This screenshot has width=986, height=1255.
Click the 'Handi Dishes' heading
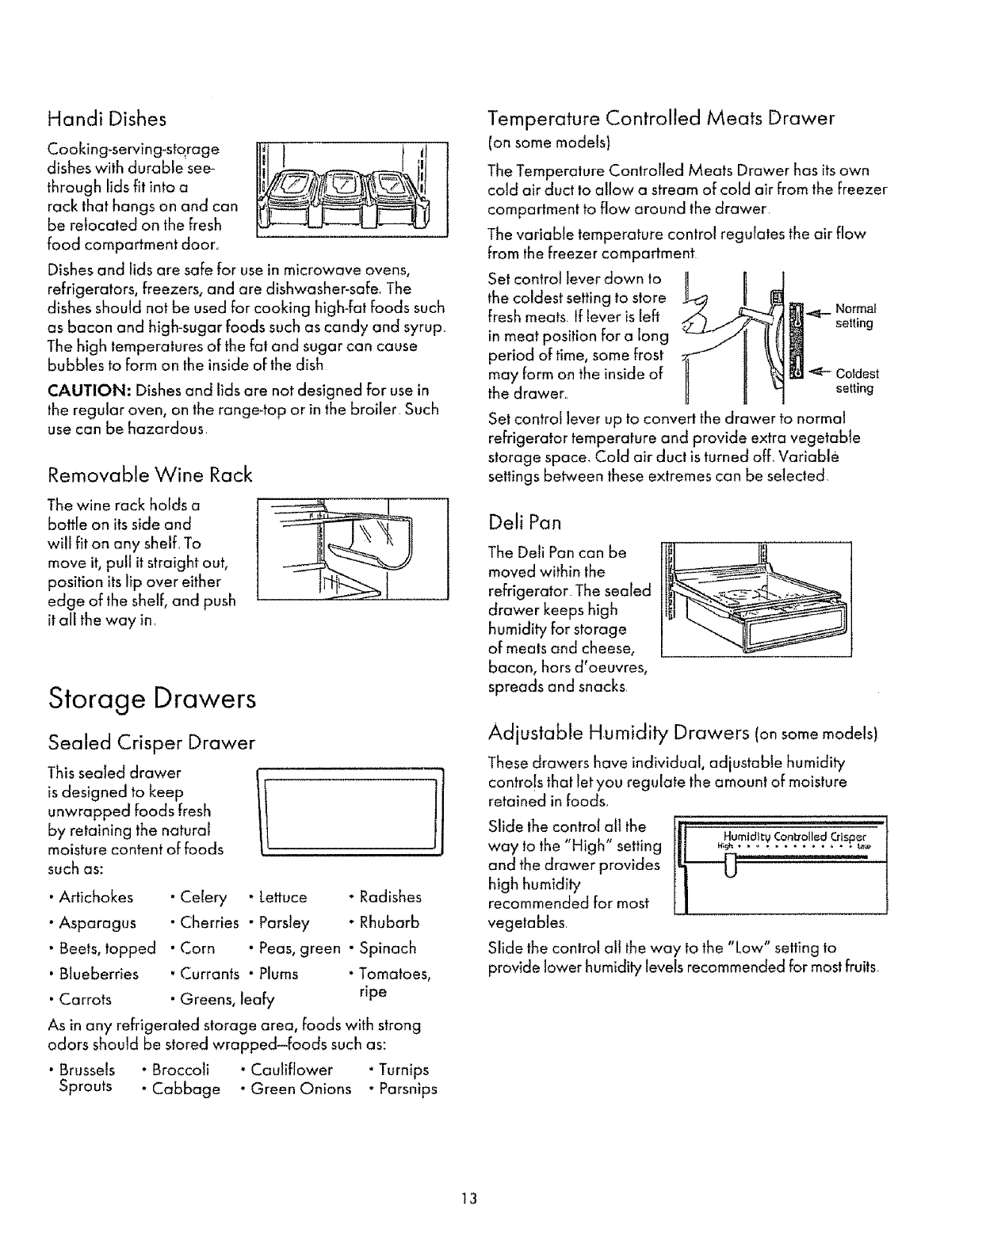pyautogui.click(x=107, y=119)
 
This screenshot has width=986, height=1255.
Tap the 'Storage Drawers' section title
pyautogui.click(x=152, y=700)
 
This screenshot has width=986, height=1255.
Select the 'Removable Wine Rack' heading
pyautogui.click(x=150, y=475)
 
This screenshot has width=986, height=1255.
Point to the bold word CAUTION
pyautogui.click(x=87, y=391)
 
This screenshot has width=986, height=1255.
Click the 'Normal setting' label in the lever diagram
pyautogui.click(x=854, y=315)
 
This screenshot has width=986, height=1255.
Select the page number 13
pyautogui.click(x=469, y=1198)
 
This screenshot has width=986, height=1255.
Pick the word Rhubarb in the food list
pyautogui.click(x=389, y=922)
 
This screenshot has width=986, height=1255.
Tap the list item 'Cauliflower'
pyautogui.click(x=291, y=1070)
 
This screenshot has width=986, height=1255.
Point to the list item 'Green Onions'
pyautogui.click(x=300, y=1089)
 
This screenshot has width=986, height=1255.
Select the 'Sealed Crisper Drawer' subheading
pyautogui.click(x=151, y=742)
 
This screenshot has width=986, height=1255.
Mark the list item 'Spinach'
pyautogui.click(x=388, y=948)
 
